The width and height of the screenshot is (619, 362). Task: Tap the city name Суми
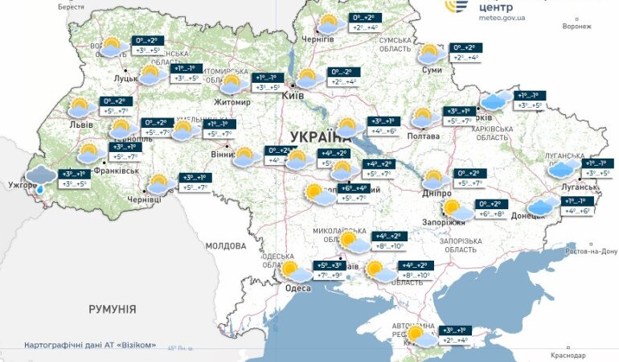coord(432,70)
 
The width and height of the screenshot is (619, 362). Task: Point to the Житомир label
coord(232,102)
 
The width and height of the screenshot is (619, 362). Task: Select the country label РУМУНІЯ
coord(112,309)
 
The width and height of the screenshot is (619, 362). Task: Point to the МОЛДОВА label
coord(225,245)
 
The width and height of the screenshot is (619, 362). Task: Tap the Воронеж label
coord(577,26)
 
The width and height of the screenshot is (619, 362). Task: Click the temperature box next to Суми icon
coord(466,52)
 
